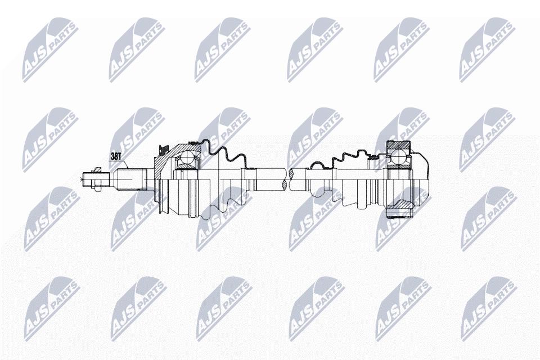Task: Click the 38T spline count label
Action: pos(116,156)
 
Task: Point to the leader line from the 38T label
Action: pos(125,163)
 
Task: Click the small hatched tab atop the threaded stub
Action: pos(97,169)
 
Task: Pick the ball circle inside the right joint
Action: pos(398,157)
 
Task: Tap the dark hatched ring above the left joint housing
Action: pos(161,150)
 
